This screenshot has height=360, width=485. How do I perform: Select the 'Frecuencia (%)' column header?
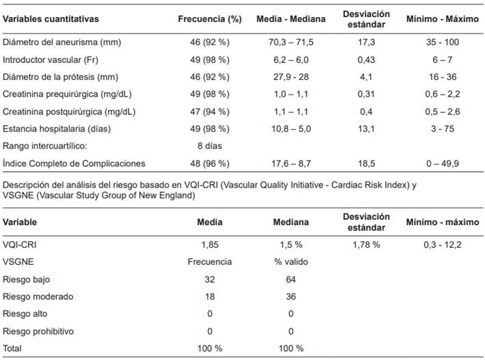(209, 19)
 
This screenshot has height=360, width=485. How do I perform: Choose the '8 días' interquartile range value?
(209, 146)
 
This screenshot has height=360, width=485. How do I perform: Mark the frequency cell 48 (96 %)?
(209, 163)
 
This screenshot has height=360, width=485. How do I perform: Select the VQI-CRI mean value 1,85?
(209, 244)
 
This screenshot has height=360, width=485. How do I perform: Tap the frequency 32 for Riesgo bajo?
(209, 279)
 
